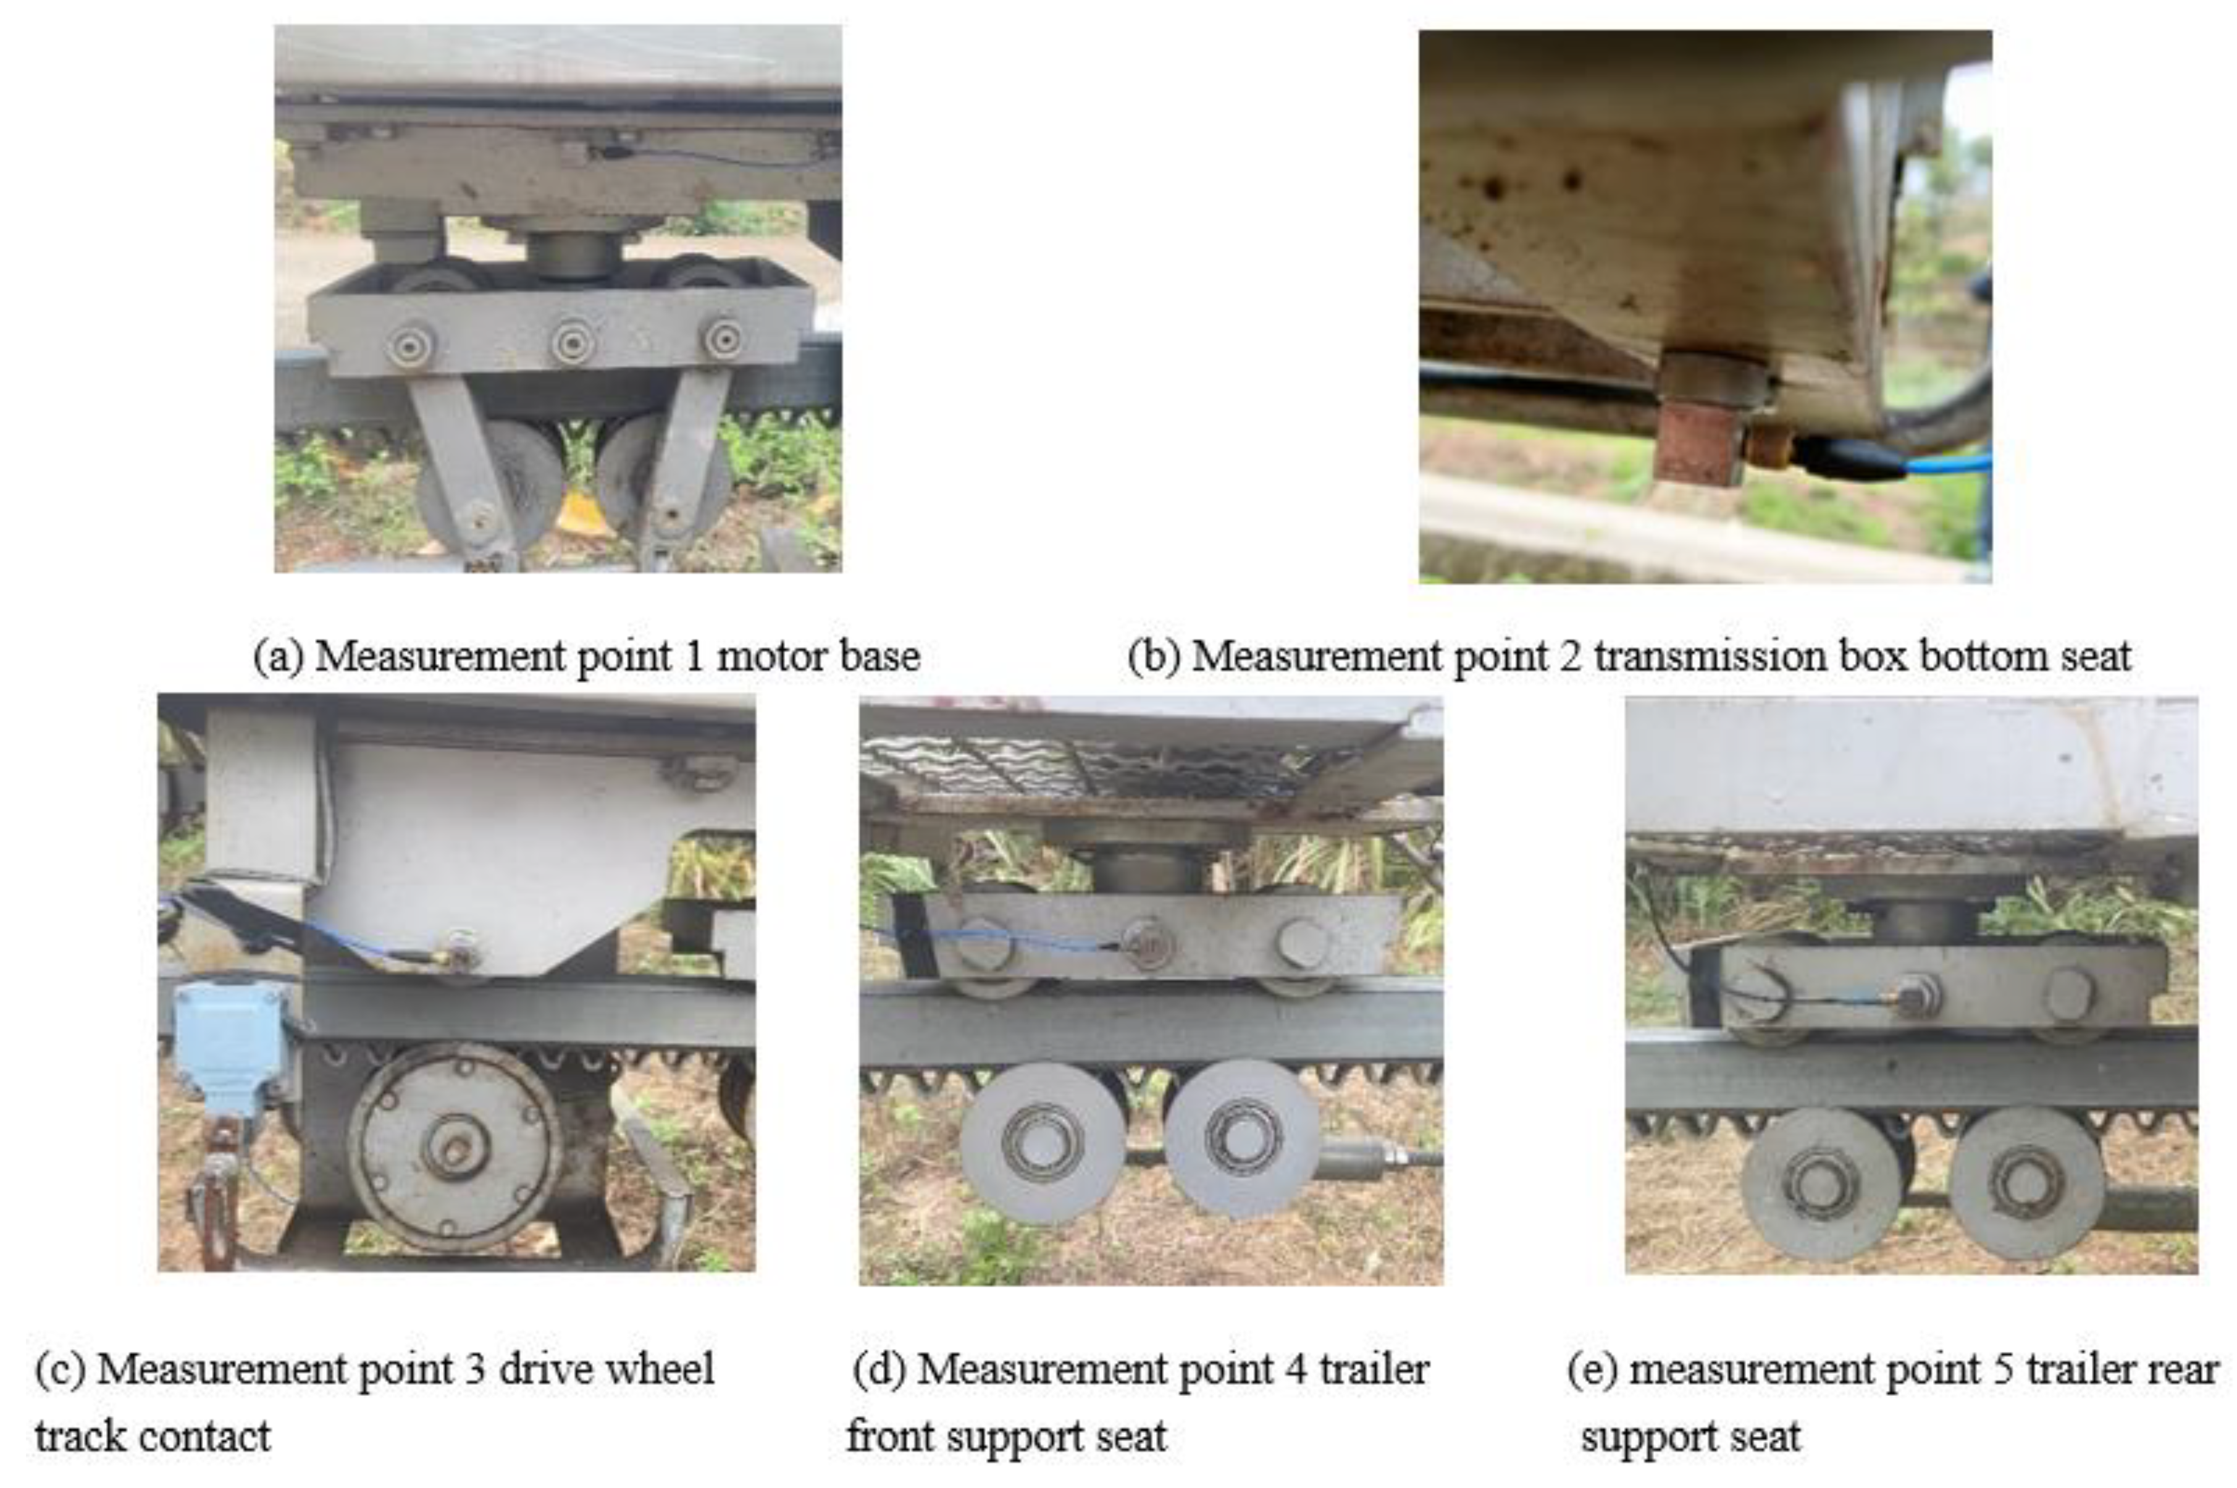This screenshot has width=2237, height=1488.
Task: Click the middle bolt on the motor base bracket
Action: [x=573, y=342]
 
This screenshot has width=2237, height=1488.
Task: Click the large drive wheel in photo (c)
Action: [x=455, y=1147]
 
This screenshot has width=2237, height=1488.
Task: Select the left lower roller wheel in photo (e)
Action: [x=1819, y=1184]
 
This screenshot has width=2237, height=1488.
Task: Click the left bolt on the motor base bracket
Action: [x=411, y=345]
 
